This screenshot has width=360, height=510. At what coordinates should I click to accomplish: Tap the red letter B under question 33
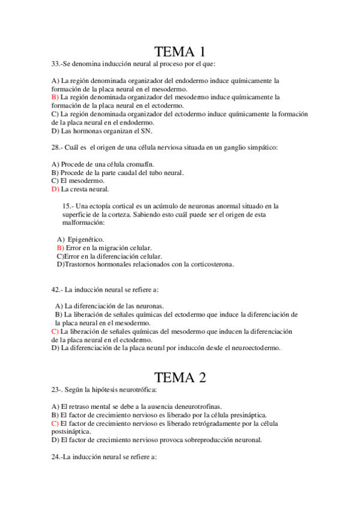coord(54,96)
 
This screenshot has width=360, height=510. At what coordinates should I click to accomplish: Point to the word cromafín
coord(141,164)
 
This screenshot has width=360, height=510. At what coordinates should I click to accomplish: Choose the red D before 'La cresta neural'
coord(55,189)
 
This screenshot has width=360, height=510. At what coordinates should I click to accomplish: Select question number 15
coord(67,206)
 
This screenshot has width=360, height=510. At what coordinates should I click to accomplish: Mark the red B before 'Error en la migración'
coord(59,247)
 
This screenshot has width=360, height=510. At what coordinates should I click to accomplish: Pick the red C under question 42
coord(55,331)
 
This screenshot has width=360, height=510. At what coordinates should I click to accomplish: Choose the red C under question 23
coord(55,423)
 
